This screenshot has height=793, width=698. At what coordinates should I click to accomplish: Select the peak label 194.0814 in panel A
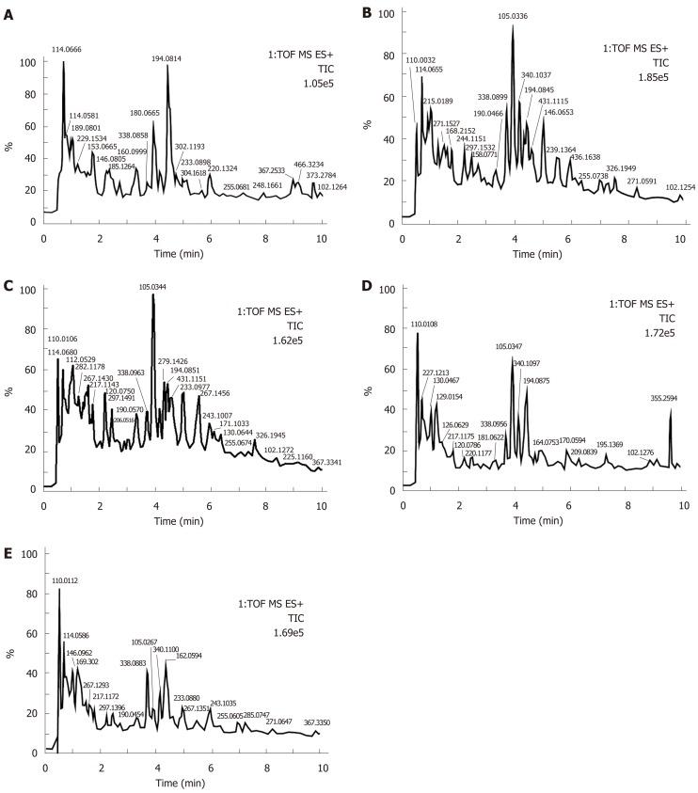[x=167, y=58]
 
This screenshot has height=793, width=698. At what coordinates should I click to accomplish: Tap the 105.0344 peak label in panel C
[x=158, y=287]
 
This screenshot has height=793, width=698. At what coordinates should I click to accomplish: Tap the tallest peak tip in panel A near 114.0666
[x=63, y=63]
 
